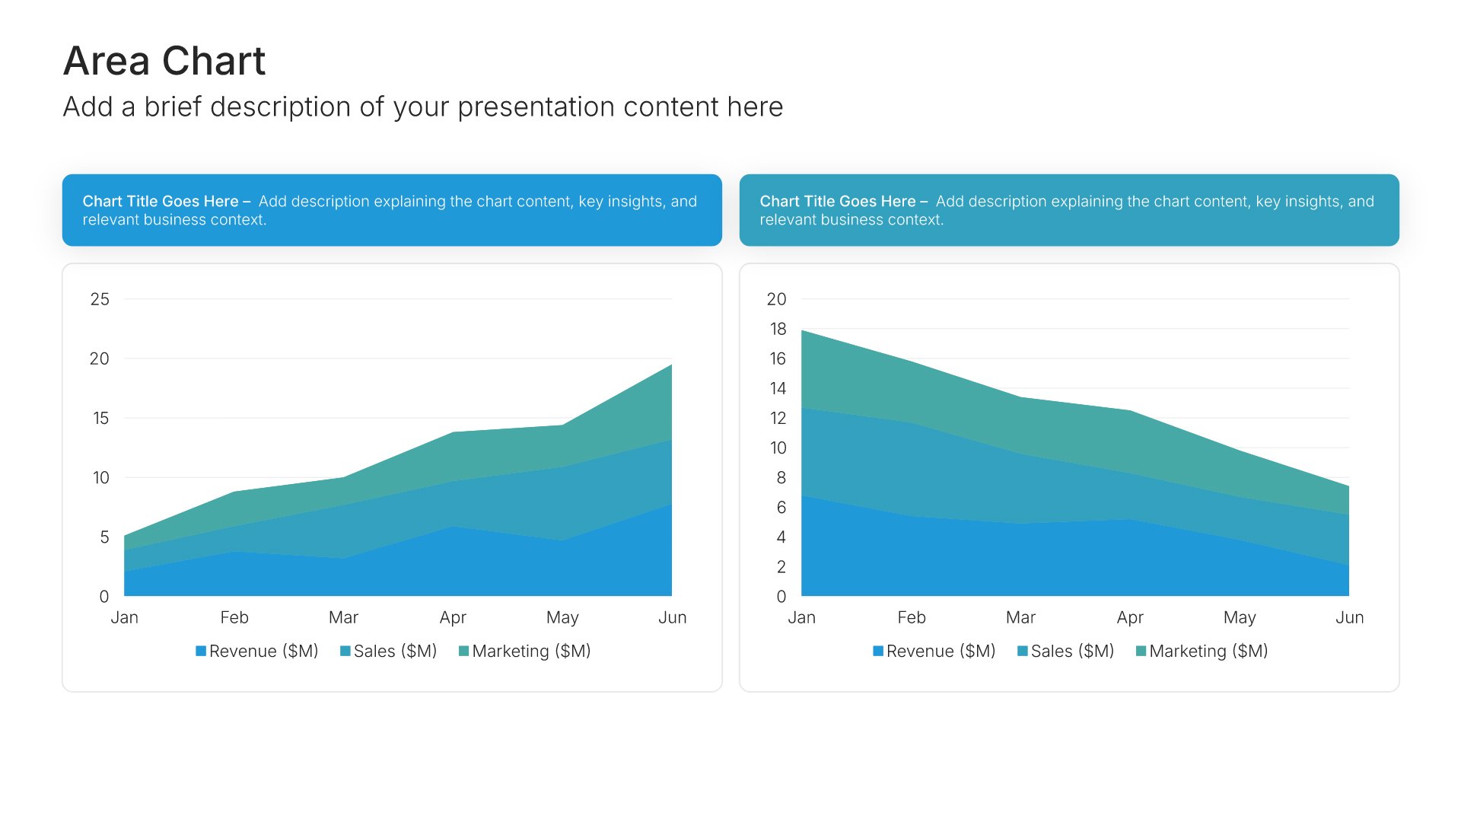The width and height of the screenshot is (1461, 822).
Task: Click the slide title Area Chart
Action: (x=164, y=61)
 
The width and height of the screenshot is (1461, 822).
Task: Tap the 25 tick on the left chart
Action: (x=100, y=299)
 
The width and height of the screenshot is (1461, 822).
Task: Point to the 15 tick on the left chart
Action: (x=100, y=418)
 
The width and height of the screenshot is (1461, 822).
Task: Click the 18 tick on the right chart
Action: (x=778, y=329)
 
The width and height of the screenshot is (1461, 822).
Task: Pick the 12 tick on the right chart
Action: (x=778, y=418)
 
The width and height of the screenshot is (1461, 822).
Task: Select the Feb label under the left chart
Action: (x=234, y=617)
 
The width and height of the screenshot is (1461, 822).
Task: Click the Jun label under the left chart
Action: (x=673, y=617)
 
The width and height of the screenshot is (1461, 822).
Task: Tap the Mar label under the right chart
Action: (x=1020, y=617)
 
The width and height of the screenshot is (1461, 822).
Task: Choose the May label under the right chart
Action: (x=1240, y=618)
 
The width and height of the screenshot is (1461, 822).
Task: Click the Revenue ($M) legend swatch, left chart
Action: (x=201, y=651)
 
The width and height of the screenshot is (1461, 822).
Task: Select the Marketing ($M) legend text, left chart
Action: (x=531, y=652)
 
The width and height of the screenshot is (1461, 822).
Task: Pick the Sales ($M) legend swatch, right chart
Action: (x=1023, y=651)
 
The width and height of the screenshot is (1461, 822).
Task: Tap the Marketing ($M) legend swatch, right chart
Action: (x=1141, y=651)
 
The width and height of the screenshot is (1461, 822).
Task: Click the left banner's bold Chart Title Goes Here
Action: (x=161, y=201)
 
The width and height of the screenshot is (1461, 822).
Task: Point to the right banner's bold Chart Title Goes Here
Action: (x=838, y=201)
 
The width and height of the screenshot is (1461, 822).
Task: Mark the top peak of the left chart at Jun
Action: (x=672, y=365)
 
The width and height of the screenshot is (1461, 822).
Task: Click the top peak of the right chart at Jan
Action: (x=802, y=330)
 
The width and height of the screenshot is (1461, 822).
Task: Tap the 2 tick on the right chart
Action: (x=781, y=567)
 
